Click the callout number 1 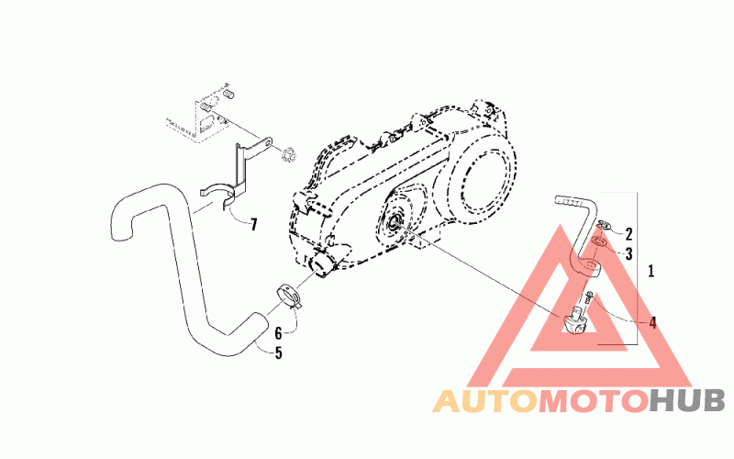pyautogui.click(x=651, y=272)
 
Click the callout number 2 pyautogui.click(x=629, y=233)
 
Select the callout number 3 pyautogui.click(x=629, y=252)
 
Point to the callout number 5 pyautogui.click(x=277, y=352)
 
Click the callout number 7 pyautogui.click(x=252, y=223)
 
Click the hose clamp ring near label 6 pyautogui.click(x=291, y=296)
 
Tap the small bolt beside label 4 pyautogui.click(x=590, y=298)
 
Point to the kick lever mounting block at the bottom pyautogui.click(x=575, y=319)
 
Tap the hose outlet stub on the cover pyautogui.click(x=321, y=264)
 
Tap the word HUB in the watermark pyautogui.click(x=688, y=401)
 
